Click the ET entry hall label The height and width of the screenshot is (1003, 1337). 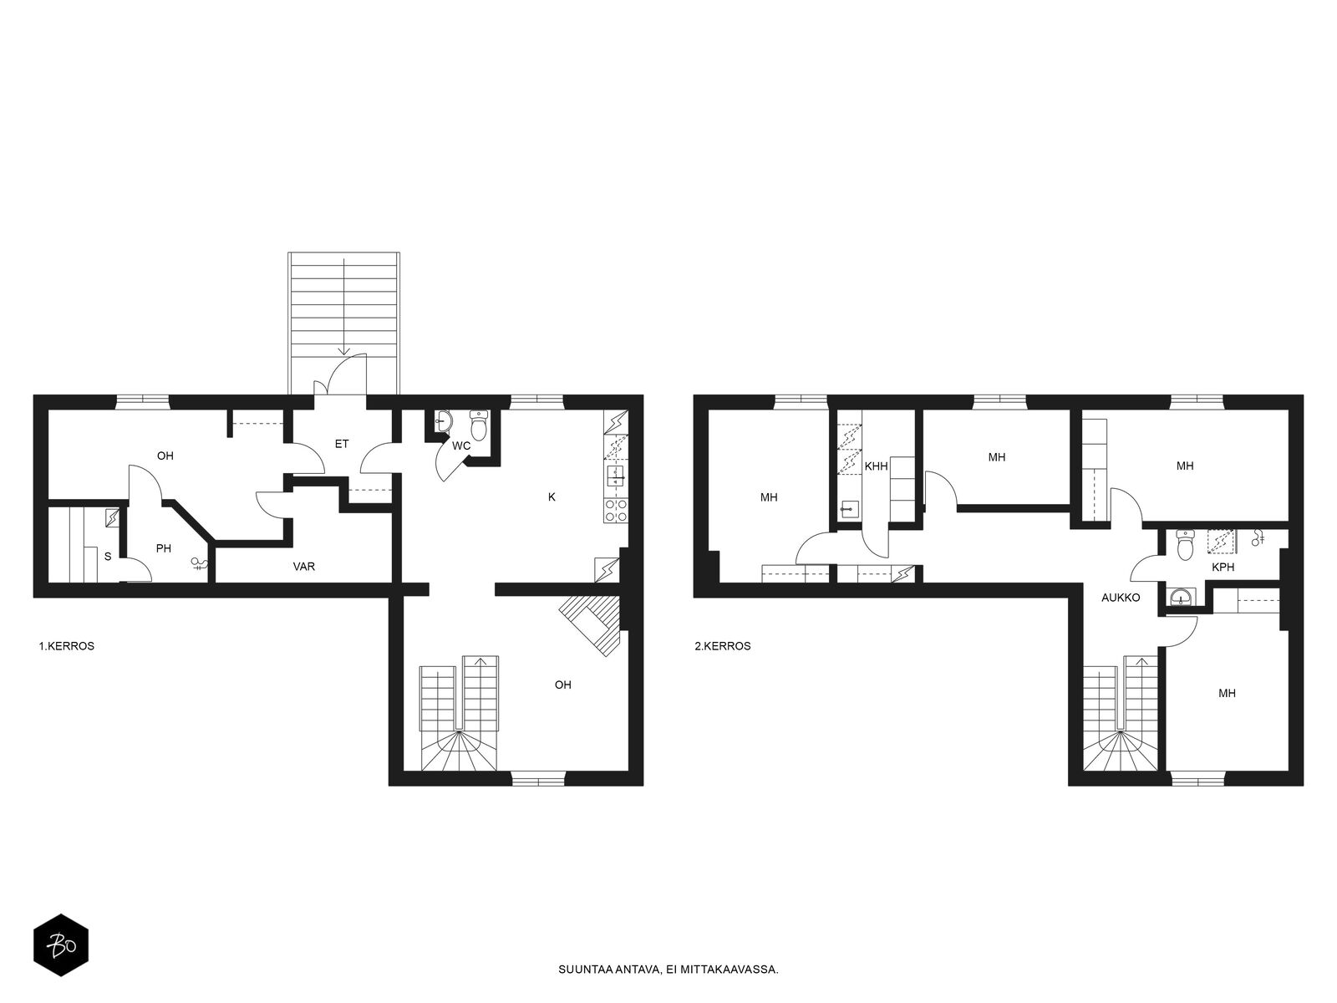coord(342,444)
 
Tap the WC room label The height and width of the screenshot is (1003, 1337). coord(461,445)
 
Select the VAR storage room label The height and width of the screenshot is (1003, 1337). coord(304,567)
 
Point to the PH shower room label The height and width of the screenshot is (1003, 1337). coord(163,548)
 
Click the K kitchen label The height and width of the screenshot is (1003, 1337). coord(552,497)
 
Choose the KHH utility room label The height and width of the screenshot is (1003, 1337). coord(876,466)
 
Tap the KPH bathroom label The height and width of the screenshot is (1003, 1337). coord(1223,567)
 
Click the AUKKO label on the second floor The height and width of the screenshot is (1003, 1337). coord(1121,598)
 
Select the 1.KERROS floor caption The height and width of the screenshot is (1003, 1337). coord(66,646)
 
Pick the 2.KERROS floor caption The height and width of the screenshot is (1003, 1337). coord(723,646)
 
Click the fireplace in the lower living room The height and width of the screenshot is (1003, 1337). coord(591,624)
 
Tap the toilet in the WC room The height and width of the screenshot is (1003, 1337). coord(480,425)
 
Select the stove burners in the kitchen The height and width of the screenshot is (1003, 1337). coord(615,511)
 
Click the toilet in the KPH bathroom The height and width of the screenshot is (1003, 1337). coord(1185,545)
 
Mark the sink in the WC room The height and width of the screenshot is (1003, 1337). coord(444,420)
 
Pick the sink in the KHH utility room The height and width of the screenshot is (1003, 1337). coord(848,508)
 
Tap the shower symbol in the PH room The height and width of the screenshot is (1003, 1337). coord(199,564)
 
